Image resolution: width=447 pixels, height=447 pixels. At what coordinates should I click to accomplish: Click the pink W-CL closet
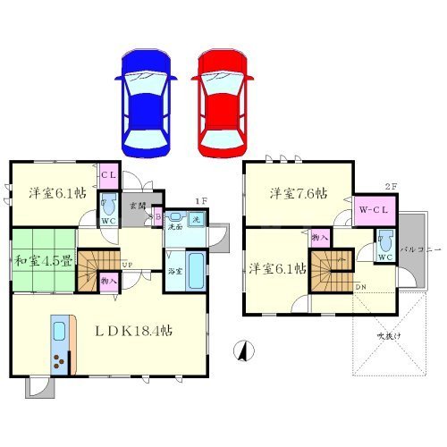375,211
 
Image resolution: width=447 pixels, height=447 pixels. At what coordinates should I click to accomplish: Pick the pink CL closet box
108,175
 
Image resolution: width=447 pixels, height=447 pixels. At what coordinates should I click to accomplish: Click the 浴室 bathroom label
174,271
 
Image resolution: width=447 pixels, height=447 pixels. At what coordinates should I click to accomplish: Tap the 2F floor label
390,186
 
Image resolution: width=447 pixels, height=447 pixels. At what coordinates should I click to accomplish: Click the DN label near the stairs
359,287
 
